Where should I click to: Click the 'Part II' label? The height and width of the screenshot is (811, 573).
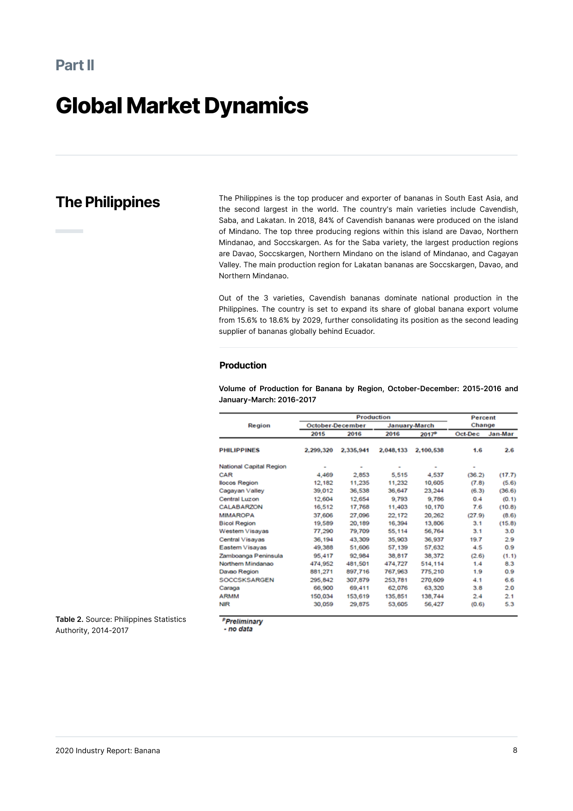[x=75, y=65]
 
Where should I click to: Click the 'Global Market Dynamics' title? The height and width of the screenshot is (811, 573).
[x=182, y=105]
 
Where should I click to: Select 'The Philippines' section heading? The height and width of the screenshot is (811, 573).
[x=108, y=202]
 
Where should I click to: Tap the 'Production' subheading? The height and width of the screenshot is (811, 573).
[x=243, y=365]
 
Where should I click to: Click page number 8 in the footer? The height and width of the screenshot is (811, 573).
[x=515, y=750]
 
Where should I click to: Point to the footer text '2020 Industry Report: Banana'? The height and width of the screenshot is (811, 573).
[x=108, y=750]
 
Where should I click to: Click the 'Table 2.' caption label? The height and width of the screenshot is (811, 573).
[x=69, y=619]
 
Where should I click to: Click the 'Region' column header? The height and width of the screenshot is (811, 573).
[x=259, y=425]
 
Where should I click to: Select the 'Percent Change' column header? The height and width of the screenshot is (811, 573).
[x=483, y=421]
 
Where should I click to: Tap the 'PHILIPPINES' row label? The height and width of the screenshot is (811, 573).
[x=239, y=450]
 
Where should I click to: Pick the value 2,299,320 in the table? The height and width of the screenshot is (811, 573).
[x=318, y=450]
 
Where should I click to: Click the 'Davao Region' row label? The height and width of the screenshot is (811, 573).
[x=239, y=571]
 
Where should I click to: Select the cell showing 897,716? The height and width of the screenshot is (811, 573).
[x=358, y=571]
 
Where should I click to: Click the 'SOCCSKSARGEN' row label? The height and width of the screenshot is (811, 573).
[x=246, y=580]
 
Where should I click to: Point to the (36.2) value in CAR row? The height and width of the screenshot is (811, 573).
[x=476, y=474]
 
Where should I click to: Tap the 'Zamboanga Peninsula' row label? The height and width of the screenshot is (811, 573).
[x=251, y=555]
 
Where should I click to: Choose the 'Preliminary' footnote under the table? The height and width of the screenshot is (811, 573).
[x=244, y=621]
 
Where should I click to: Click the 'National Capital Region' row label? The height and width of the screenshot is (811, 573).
[x=253, y=466]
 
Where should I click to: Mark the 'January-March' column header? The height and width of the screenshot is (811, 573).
[x=411, y=425]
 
